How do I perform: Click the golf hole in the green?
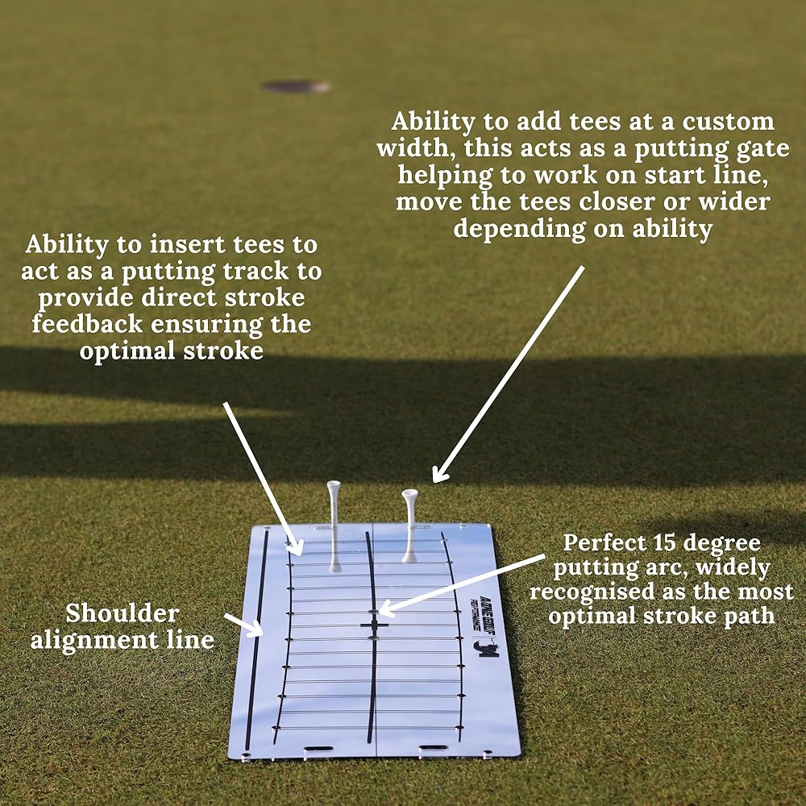coord(296,86)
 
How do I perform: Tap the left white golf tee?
coord(334,524)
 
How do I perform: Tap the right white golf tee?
coord(409,524)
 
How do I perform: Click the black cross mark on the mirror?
coord(374,625)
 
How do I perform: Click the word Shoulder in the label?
coord(122,613)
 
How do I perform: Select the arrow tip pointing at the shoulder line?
coord(260,629)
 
